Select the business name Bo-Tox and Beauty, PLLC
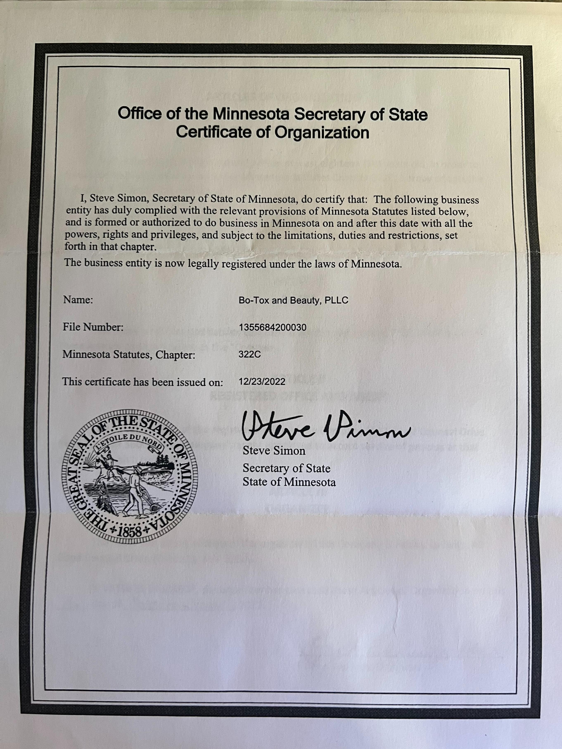point(293,300)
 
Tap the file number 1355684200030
point(273,327)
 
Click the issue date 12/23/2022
point(262,382)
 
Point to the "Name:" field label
point(78,300)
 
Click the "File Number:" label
point(93,327)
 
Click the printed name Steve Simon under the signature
point(274,451)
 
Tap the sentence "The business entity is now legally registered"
point(233,263)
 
